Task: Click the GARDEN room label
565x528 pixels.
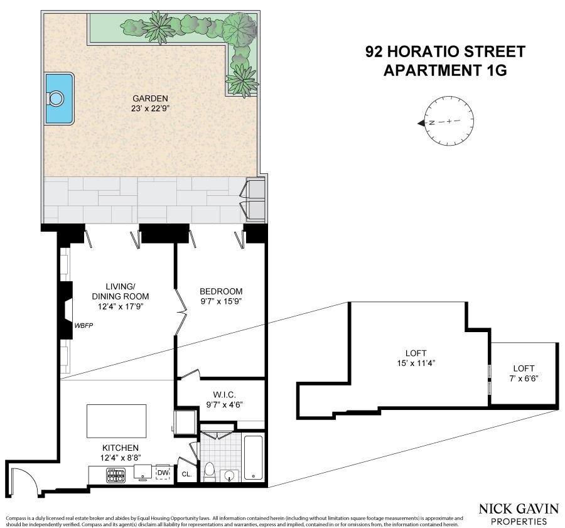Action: [150, 99]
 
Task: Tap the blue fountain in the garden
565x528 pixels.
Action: [60, 99]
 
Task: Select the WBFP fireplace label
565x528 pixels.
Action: [84, 326]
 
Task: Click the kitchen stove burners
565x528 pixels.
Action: [116, 475]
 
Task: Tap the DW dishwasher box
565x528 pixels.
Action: [163, 473]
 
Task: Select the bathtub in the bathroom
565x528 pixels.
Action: [254, 458]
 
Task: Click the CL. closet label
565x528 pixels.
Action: [186, 474]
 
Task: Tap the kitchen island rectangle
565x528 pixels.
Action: [116, 421]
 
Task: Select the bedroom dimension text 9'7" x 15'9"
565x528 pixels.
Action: [221, 301]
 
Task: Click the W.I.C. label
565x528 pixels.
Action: [224, 396]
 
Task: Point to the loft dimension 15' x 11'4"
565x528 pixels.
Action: [416, 363]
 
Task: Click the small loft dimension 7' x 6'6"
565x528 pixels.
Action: [524, 379]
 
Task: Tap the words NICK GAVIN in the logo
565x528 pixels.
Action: [519, 509]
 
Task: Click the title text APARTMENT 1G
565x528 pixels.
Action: [445, 70]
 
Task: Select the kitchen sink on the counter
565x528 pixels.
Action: [143, 472]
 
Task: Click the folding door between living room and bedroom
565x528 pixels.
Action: [181, 311]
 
